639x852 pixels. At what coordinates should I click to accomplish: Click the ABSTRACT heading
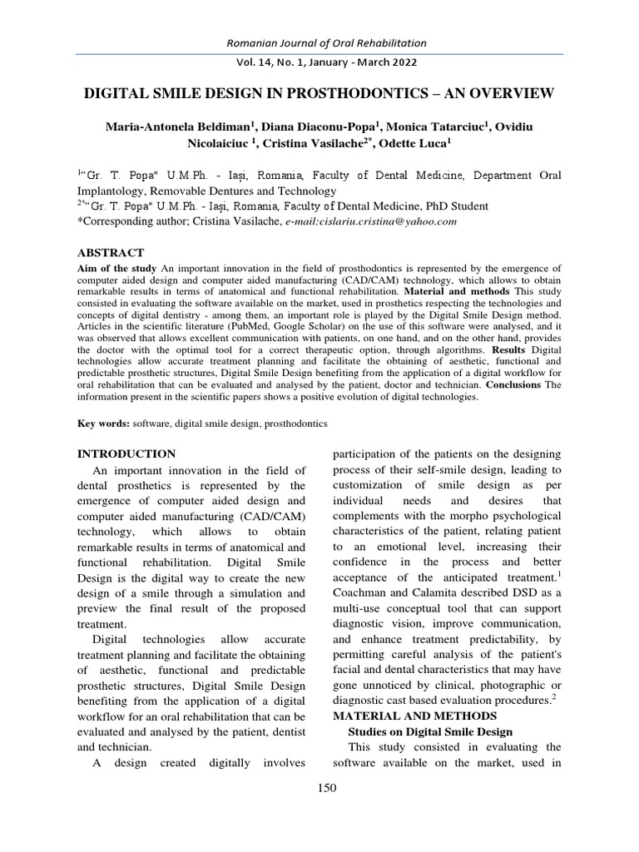pyautogui.click(x=111, y=253)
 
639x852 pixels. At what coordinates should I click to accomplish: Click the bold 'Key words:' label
pyautogui.click(x=104, y=424)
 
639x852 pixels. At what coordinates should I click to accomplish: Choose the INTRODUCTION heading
pyautogui.click(x=126, y=454)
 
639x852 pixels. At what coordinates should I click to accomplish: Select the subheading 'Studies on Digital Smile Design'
pyautogui.click(x=430, y=731)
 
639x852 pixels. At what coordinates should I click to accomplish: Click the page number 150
pyautogui.click(x=327, y=790)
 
